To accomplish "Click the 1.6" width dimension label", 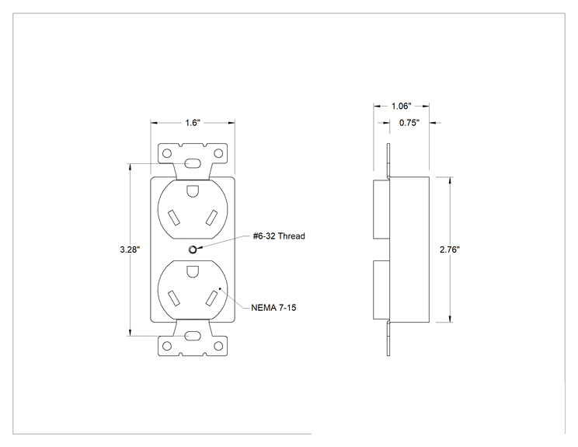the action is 193,123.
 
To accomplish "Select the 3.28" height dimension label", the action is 130,250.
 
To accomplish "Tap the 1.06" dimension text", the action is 401,107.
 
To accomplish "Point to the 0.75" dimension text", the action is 409,123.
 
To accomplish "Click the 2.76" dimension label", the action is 450,250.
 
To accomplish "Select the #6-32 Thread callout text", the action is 279,236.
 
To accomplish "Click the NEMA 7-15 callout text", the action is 273,308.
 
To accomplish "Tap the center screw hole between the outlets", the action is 193,250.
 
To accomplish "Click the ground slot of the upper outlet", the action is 193,191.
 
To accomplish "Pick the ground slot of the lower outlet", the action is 193,271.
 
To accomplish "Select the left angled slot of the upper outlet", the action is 173,218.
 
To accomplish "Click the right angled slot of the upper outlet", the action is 211,218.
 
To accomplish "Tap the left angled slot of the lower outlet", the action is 173,298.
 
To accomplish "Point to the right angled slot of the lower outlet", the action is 211,298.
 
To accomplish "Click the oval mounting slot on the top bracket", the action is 193,163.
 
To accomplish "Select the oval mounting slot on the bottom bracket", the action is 193,336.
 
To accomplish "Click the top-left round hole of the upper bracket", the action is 167,153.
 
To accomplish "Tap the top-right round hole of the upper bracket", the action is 218,153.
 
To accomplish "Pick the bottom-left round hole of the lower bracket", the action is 167,346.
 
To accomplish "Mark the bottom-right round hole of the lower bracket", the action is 218,346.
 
